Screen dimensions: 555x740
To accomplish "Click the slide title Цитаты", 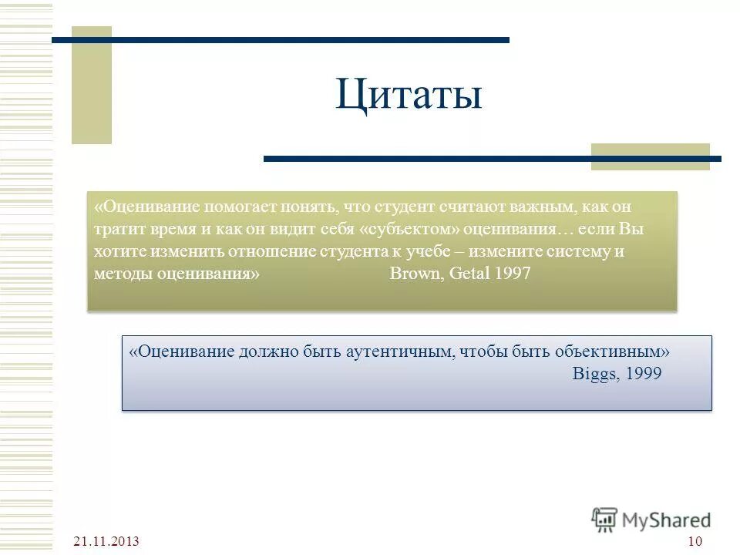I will pos(409,96).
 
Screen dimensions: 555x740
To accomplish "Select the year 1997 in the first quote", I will pos(513,274).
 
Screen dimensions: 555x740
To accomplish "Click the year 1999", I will pos(643,373).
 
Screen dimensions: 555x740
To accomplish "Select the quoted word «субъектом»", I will pos(408,230).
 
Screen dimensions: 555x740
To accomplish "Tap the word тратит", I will pos(115,230).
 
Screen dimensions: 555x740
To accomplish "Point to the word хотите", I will pos(116,252).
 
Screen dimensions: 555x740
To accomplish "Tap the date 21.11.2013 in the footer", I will pos(107,541).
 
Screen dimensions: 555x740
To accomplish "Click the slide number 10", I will pos(694,541).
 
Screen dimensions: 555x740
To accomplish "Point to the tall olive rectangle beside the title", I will pos(92,85).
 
